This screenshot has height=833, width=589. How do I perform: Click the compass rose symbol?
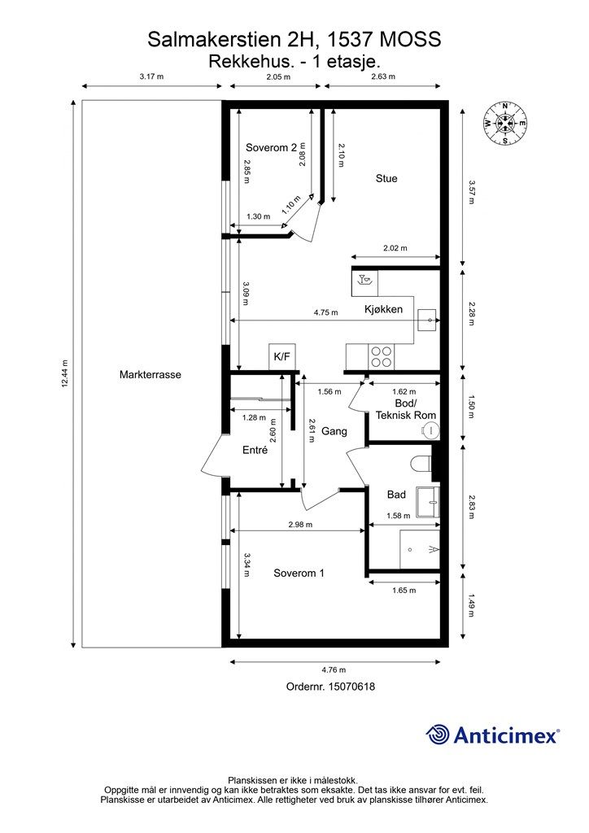coord(504,124)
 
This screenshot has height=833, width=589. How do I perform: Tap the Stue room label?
coord(386,178)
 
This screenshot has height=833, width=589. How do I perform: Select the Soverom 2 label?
coord(271,148)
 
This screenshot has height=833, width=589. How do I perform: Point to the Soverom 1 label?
coord(299,574)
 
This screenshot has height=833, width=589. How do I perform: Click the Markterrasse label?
coord(151,374)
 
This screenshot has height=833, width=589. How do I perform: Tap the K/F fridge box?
coord(281,356)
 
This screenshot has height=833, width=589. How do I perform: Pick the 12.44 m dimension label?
coord(65,374)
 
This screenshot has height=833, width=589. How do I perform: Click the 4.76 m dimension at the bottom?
coord(334,670)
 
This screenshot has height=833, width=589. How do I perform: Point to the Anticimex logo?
coord(492,735)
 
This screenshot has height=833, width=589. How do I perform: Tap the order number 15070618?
coord(351,687)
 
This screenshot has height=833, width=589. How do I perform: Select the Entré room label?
coord(255,450)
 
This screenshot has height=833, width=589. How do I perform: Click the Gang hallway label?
coord(334,431)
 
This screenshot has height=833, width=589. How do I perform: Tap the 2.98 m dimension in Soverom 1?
coord(300,525)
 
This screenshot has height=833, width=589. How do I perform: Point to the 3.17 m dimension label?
coord(151,76)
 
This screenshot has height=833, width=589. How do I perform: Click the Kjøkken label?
coord(383,309)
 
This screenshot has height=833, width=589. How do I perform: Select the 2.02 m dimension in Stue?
coord(395,248)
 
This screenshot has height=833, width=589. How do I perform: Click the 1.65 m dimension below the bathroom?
coord(404,591)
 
